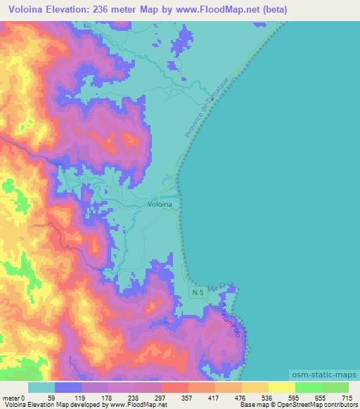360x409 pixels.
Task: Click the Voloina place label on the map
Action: point(160,204)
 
